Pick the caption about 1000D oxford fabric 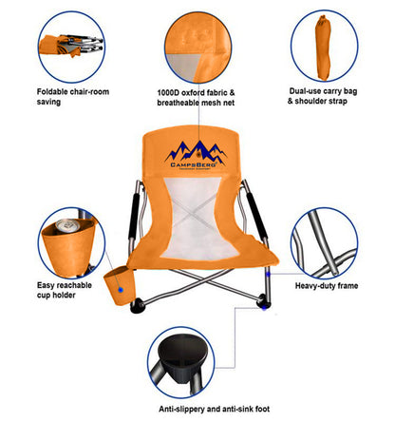(x=201, y=98)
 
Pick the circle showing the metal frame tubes (x=326, y=244)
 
